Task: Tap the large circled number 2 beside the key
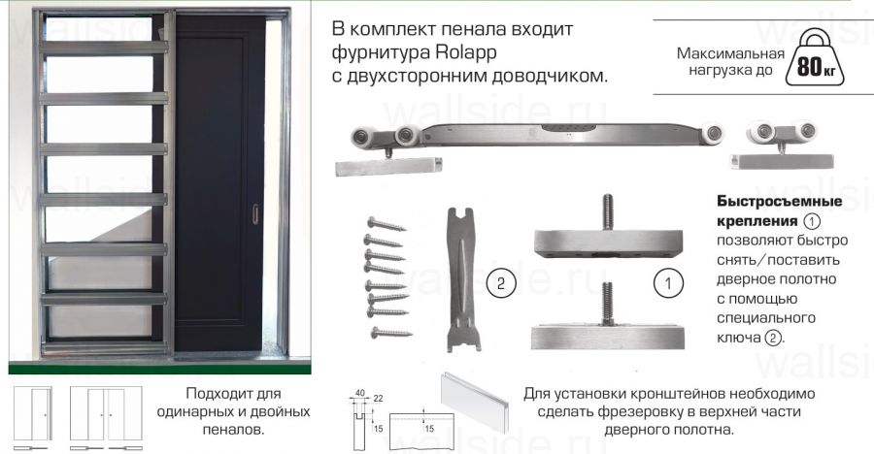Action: click(x=499, y=283)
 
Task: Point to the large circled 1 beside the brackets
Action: click(x=666, y=283)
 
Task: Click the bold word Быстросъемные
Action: click(x=778, y=202)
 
